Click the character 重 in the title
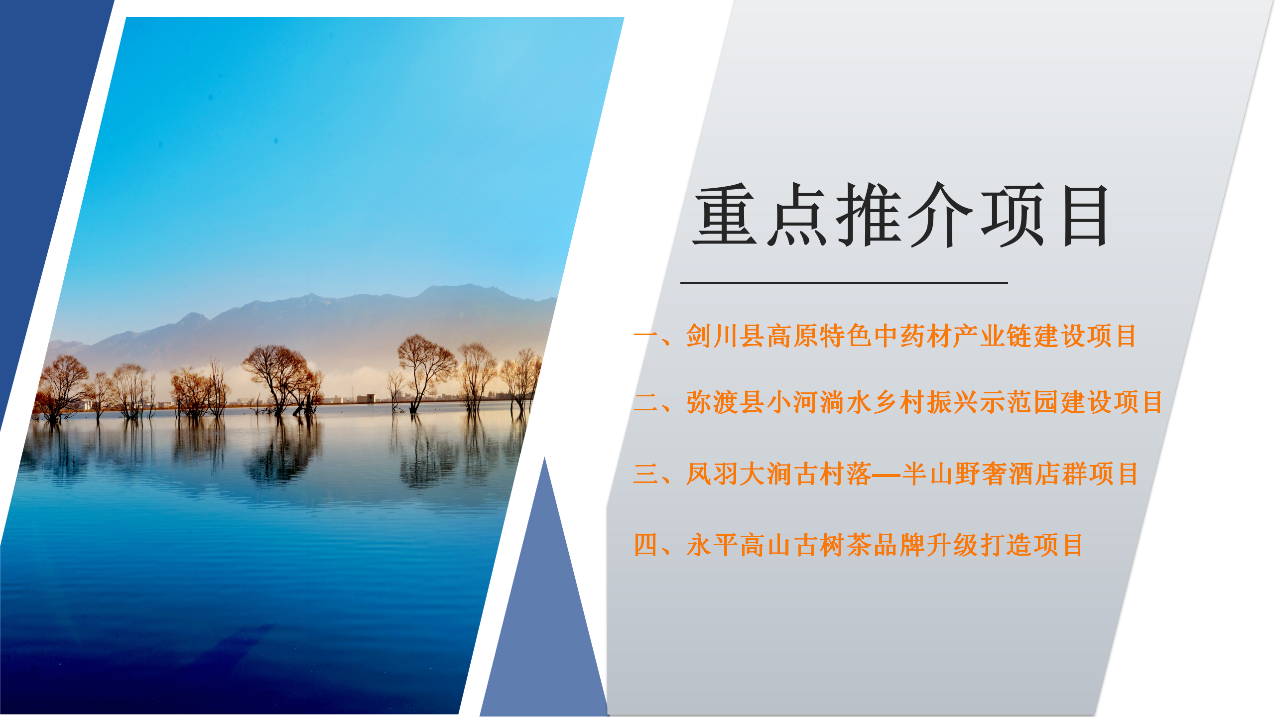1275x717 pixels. tap(725, 215)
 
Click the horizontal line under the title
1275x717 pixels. tap(844, 282)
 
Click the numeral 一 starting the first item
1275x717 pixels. tap(646, 335)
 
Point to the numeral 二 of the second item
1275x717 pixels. tap(646, 402)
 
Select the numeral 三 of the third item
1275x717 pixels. tap(646, 474)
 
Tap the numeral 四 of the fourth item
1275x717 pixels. tap(646, 545)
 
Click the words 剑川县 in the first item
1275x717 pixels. tap(726, 336)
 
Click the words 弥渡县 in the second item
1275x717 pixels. tap(726, 402)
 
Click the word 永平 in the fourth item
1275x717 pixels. tap(712, 545)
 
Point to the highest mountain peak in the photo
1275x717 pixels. tap(468, 286)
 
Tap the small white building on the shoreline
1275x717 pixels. tap(366, 398)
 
